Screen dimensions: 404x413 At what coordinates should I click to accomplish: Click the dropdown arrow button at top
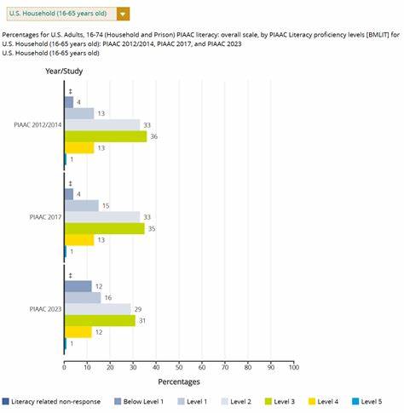coord(123,14)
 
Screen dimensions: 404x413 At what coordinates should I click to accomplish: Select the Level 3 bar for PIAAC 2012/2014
coord(106,136)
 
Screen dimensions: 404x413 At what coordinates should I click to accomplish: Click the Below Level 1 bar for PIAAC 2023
coord(78,286)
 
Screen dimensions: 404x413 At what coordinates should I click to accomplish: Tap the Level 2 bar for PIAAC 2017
coord(102,217)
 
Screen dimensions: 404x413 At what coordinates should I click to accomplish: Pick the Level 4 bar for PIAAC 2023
coord(78,332)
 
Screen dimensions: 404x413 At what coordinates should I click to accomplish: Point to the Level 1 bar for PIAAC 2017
coord(82,206)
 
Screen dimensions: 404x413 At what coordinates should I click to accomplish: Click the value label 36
coord(153,136)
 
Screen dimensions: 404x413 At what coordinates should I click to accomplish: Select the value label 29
coord(138,309)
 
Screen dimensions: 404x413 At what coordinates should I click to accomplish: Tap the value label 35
coord(152,229)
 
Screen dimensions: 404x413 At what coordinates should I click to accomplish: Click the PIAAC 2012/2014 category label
coord(38,125)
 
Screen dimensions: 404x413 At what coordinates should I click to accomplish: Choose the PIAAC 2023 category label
coord(45,309)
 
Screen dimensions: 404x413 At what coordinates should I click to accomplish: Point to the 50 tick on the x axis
coord(179,367)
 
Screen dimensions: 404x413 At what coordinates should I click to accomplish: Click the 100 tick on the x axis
coord(294,367)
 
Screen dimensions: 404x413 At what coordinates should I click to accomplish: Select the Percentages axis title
coord(179,381)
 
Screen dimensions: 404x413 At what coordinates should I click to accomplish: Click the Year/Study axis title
coord(64,71)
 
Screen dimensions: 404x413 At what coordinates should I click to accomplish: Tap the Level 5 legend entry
coord(366,402)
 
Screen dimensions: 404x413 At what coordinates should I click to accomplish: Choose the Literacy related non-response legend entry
coord(51,402)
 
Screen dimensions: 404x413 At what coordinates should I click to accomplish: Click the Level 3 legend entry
coord(280,402)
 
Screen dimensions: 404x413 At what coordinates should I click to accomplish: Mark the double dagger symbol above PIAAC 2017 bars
coord(71,183)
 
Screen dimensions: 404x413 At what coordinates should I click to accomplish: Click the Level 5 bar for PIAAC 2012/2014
coord(66,159)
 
